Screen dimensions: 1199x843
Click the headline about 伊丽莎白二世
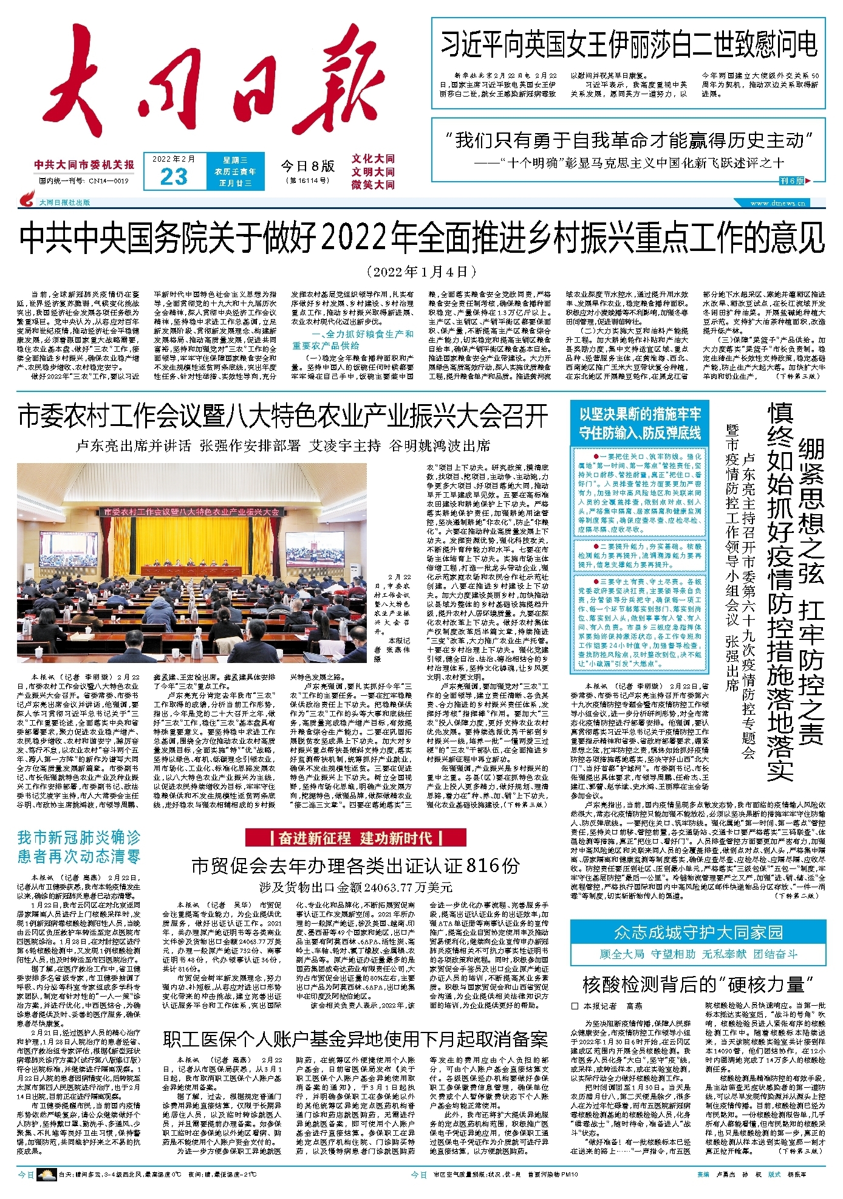coord(629,46)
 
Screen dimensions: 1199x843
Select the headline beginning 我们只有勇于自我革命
coord(629,140)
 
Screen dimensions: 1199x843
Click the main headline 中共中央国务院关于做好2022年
coord(422,238)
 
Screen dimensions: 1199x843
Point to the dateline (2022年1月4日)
coord(422,271)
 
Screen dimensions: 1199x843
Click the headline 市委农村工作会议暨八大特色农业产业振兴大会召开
coord(283,416)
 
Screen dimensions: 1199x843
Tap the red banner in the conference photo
coord(191,512)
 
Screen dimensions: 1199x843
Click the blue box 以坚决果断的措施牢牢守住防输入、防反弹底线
coord(640,423)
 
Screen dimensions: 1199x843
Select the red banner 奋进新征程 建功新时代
coord(355,838)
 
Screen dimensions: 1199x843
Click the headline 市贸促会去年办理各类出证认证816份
coord(355,865)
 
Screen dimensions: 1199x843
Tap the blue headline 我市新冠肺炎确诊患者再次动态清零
coord(79,847)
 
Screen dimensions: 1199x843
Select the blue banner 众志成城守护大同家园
coord(698,932)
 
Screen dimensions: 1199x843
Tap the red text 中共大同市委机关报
coord(84,165)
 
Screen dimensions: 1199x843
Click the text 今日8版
coord(307,166)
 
